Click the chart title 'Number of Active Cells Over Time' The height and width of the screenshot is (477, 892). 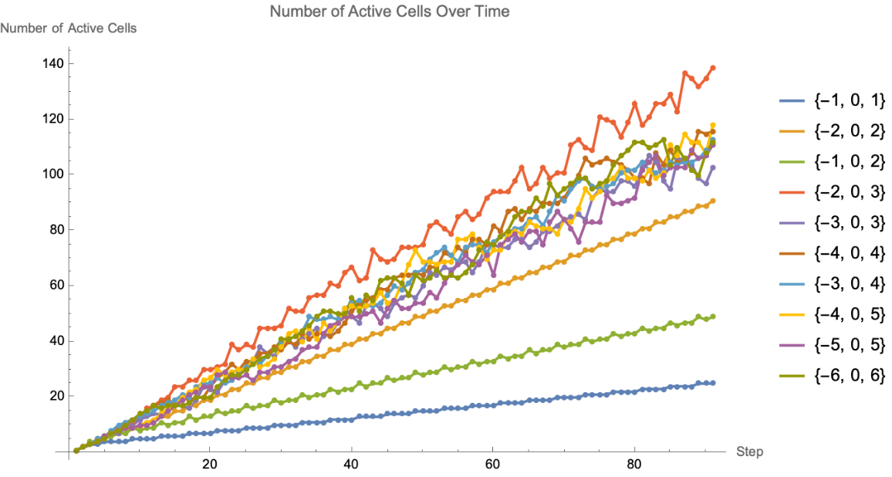[390, 12]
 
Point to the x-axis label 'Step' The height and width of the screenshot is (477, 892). [749, 452]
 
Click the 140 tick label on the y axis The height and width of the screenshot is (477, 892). [52, 63]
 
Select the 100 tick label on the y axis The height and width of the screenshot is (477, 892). [52, 174]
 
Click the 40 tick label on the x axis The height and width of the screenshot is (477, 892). [351, 466]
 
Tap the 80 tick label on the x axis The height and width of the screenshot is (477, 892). [634, 466]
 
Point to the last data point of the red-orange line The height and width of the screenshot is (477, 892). [712, 68]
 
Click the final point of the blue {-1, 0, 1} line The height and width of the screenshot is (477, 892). [712, 383]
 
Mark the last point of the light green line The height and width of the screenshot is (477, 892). [712, 316]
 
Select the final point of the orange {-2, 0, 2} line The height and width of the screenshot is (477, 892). [712, 201]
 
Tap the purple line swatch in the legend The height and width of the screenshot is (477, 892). [793, 223]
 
